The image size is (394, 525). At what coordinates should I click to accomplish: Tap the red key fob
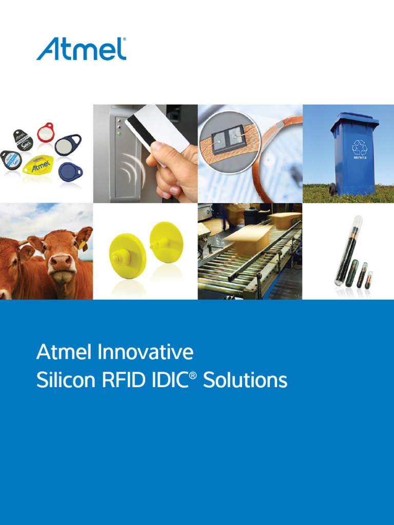point(46,132)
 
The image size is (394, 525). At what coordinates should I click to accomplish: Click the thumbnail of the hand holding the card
point(145,153)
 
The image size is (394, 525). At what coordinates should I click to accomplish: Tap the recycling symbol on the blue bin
point(359,148)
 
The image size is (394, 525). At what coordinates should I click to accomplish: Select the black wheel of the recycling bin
point(332,190)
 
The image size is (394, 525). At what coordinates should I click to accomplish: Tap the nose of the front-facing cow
point(62,262)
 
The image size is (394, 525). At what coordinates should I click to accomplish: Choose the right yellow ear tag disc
point(166,243)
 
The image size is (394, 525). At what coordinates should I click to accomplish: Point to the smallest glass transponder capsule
point(369,280)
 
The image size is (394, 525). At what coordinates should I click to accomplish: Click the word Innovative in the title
point(145,352)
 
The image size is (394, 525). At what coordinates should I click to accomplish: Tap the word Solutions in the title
point(245,380)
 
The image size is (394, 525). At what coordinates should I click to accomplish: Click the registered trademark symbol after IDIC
point(193,376)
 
